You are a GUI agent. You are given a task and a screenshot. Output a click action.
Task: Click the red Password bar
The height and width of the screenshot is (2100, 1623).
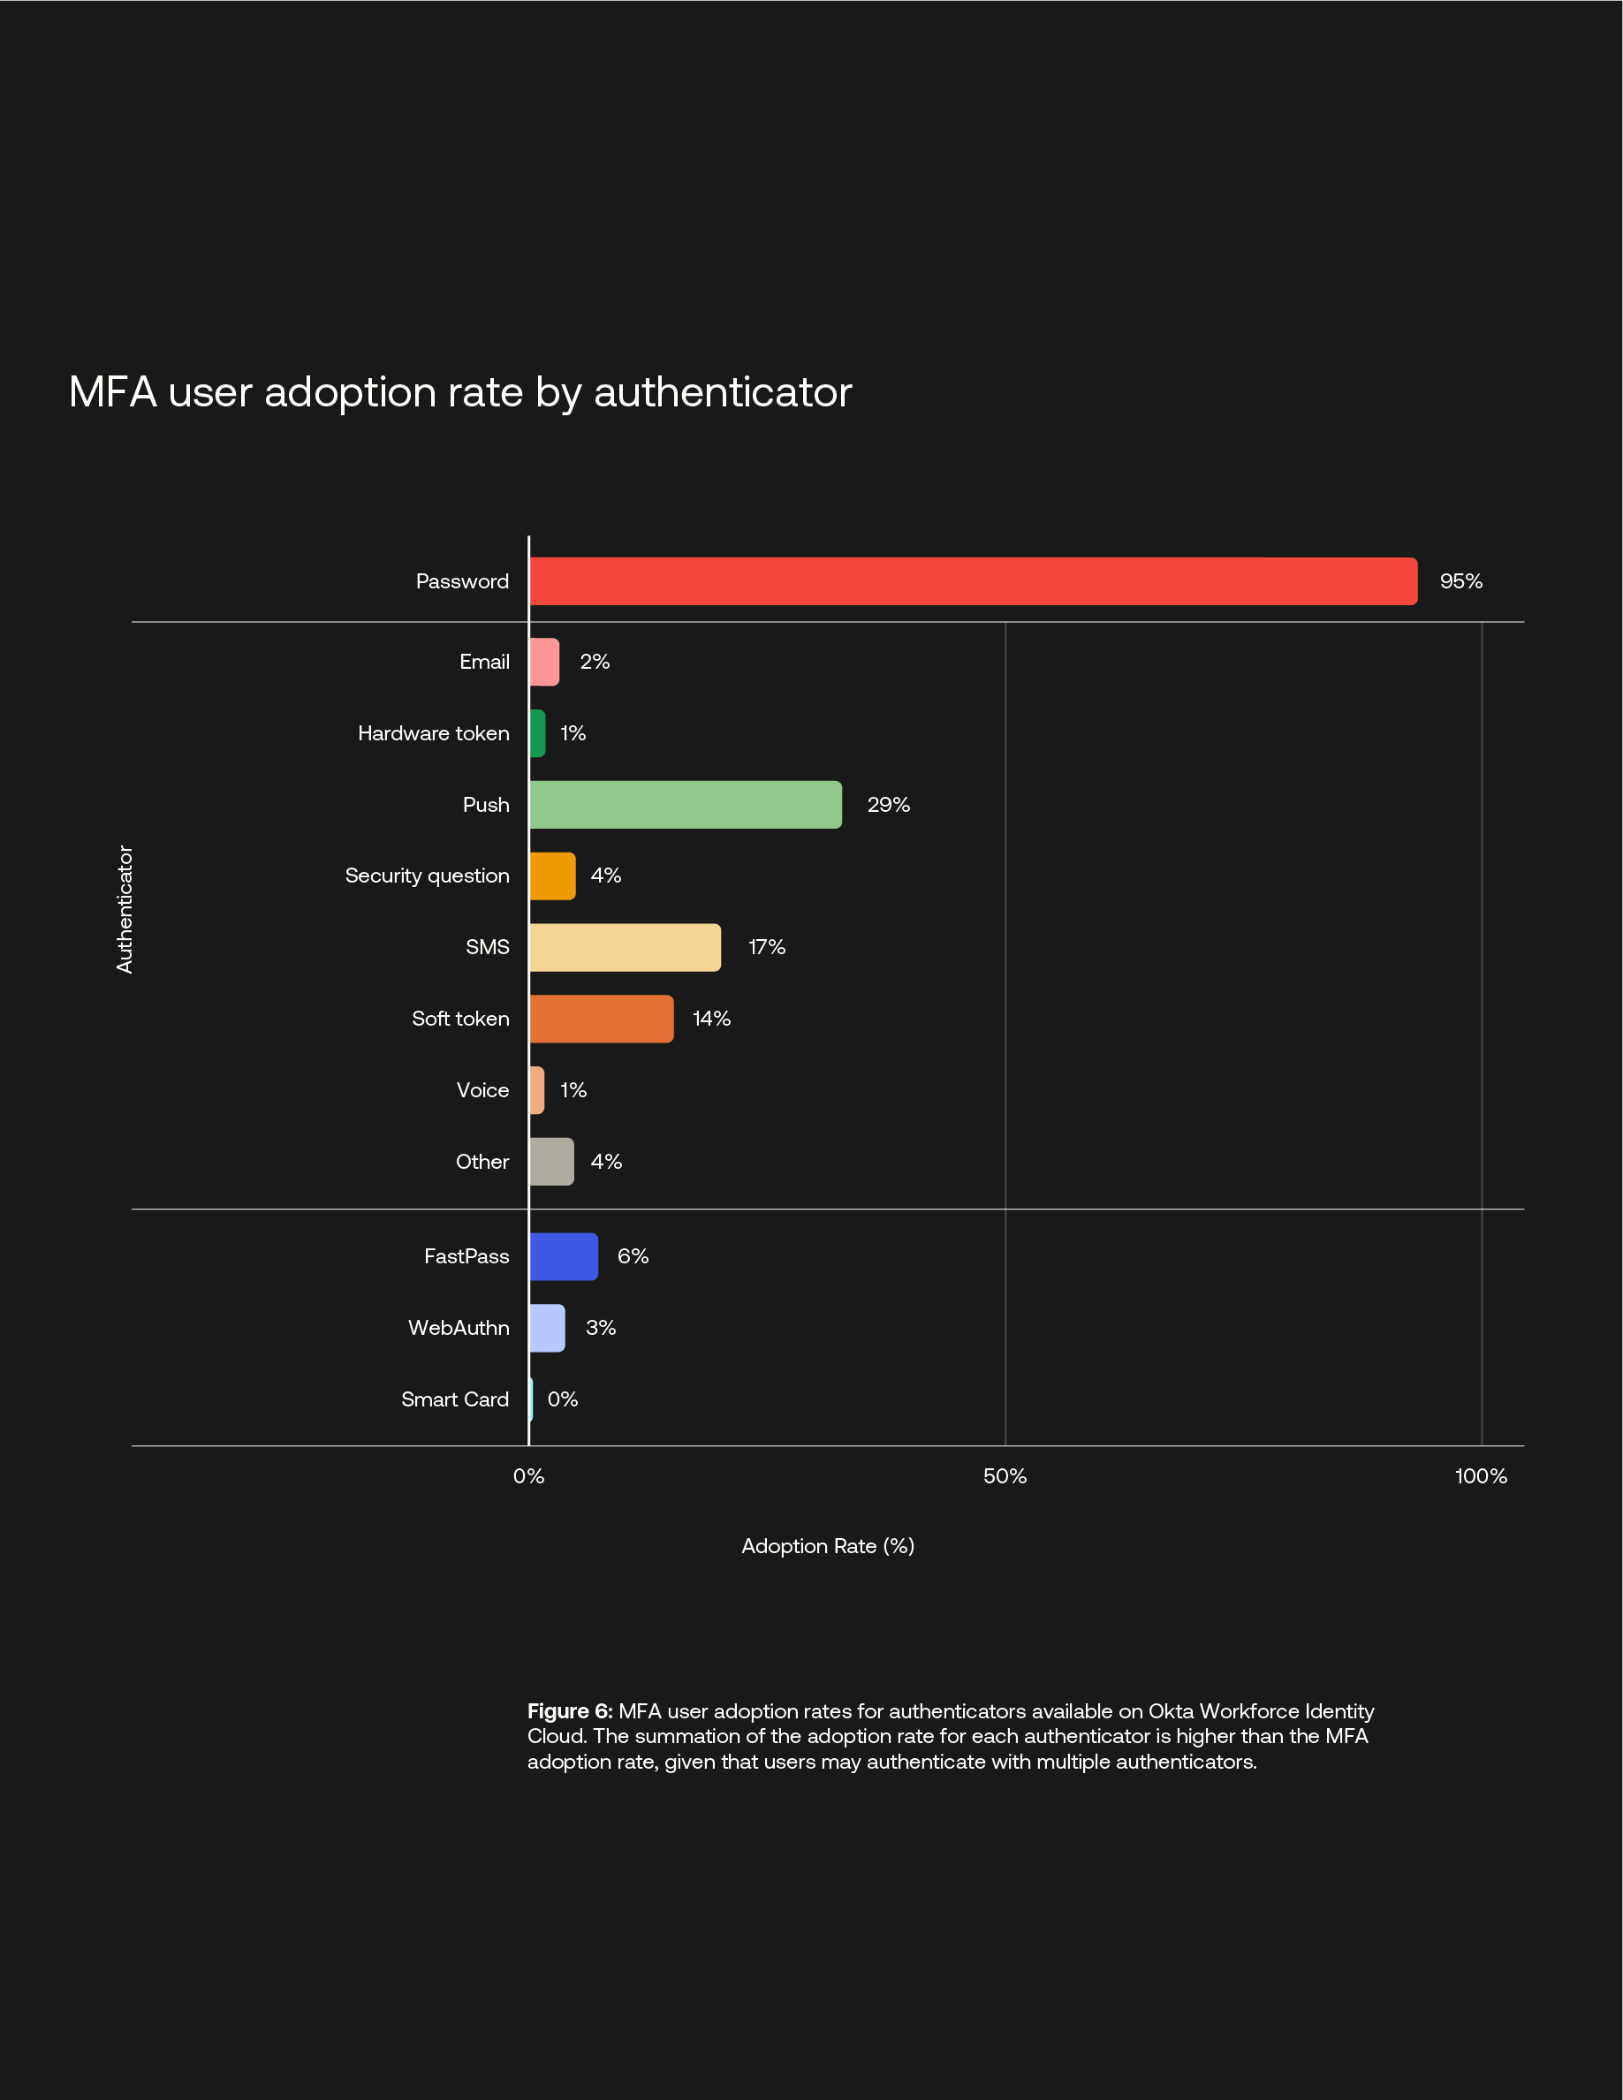[x=972, y=580]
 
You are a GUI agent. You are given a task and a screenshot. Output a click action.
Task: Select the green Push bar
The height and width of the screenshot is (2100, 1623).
[x=686, y=805]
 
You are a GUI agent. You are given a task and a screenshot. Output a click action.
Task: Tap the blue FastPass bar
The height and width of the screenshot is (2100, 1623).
[x=564, y=1256]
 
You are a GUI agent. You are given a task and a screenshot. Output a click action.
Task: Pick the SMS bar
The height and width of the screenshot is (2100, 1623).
[x=625, y=947]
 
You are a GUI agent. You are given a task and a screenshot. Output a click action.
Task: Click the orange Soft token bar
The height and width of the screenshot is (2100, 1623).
[x=601, y=1020]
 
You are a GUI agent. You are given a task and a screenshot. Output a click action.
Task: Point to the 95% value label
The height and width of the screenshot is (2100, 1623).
[x=1460, y=580]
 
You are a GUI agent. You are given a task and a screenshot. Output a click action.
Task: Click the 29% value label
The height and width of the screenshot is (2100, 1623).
[x=887, y=805]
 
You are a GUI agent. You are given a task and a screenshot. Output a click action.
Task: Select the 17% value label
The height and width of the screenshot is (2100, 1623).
[x=766, y=947]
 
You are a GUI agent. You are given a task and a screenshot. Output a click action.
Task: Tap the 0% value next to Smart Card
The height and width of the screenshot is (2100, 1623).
[x=563, y=1399]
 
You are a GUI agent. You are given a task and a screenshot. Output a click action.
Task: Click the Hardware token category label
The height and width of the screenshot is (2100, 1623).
[x=433, y=733]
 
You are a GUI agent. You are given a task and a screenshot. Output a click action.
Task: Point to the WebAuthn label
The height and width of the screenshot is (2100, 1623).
[x=458, y=1328]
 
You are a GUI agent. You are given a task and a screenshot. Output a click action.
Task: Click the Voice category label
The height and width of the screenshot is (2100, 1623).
[x=482, y=1090]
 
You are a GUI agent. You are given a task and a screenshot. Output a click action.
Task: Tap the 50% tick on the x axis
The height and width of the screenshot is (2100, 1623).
[x=1005, y=1476]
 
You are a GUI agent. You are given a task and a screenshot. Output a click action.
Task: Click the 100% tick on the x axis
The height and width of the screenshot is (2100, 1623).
[x=1481, y=1476]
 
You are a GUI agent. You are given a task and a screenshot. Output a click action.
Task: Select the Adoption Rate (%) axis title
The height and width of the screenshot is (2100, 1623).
[x=827, y=1546]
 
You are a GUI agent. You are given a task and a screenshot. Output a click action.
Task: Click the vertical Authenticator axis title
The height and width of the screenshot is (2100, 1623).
[x=124, y=909]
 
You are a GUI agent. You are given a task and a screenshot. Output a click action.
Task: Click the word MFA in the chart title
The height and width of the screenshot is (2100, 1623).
[x=112, y=392]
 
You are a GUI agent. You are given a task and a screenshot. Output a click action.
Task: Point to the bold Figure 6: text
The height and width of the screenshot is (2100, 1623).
[x=569, y=1711]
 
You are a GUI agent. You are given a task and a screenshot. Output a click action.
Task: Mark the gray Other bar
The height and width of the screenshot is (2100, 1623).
[x=552, y=1162]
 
